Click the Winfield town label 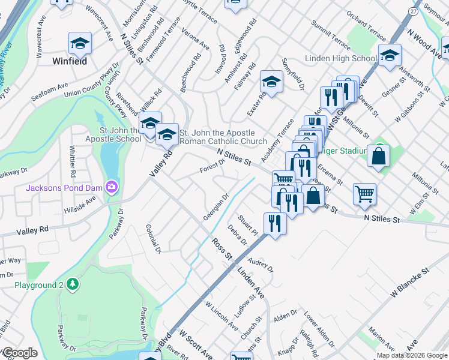[69, 61]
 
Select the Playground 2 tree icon [72, 283]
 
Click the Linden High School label [340, 59]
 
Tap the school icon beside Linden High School [390, 56]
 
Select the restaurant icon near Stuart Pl [275, 224]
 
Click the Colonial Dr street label [154, 238]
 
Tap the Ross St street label [221, 249]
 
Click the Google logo [20, 353]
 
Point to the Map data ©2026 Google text [412, 355]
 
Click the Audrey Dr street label [261, 264]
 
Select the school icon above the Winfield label [80, 43]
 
